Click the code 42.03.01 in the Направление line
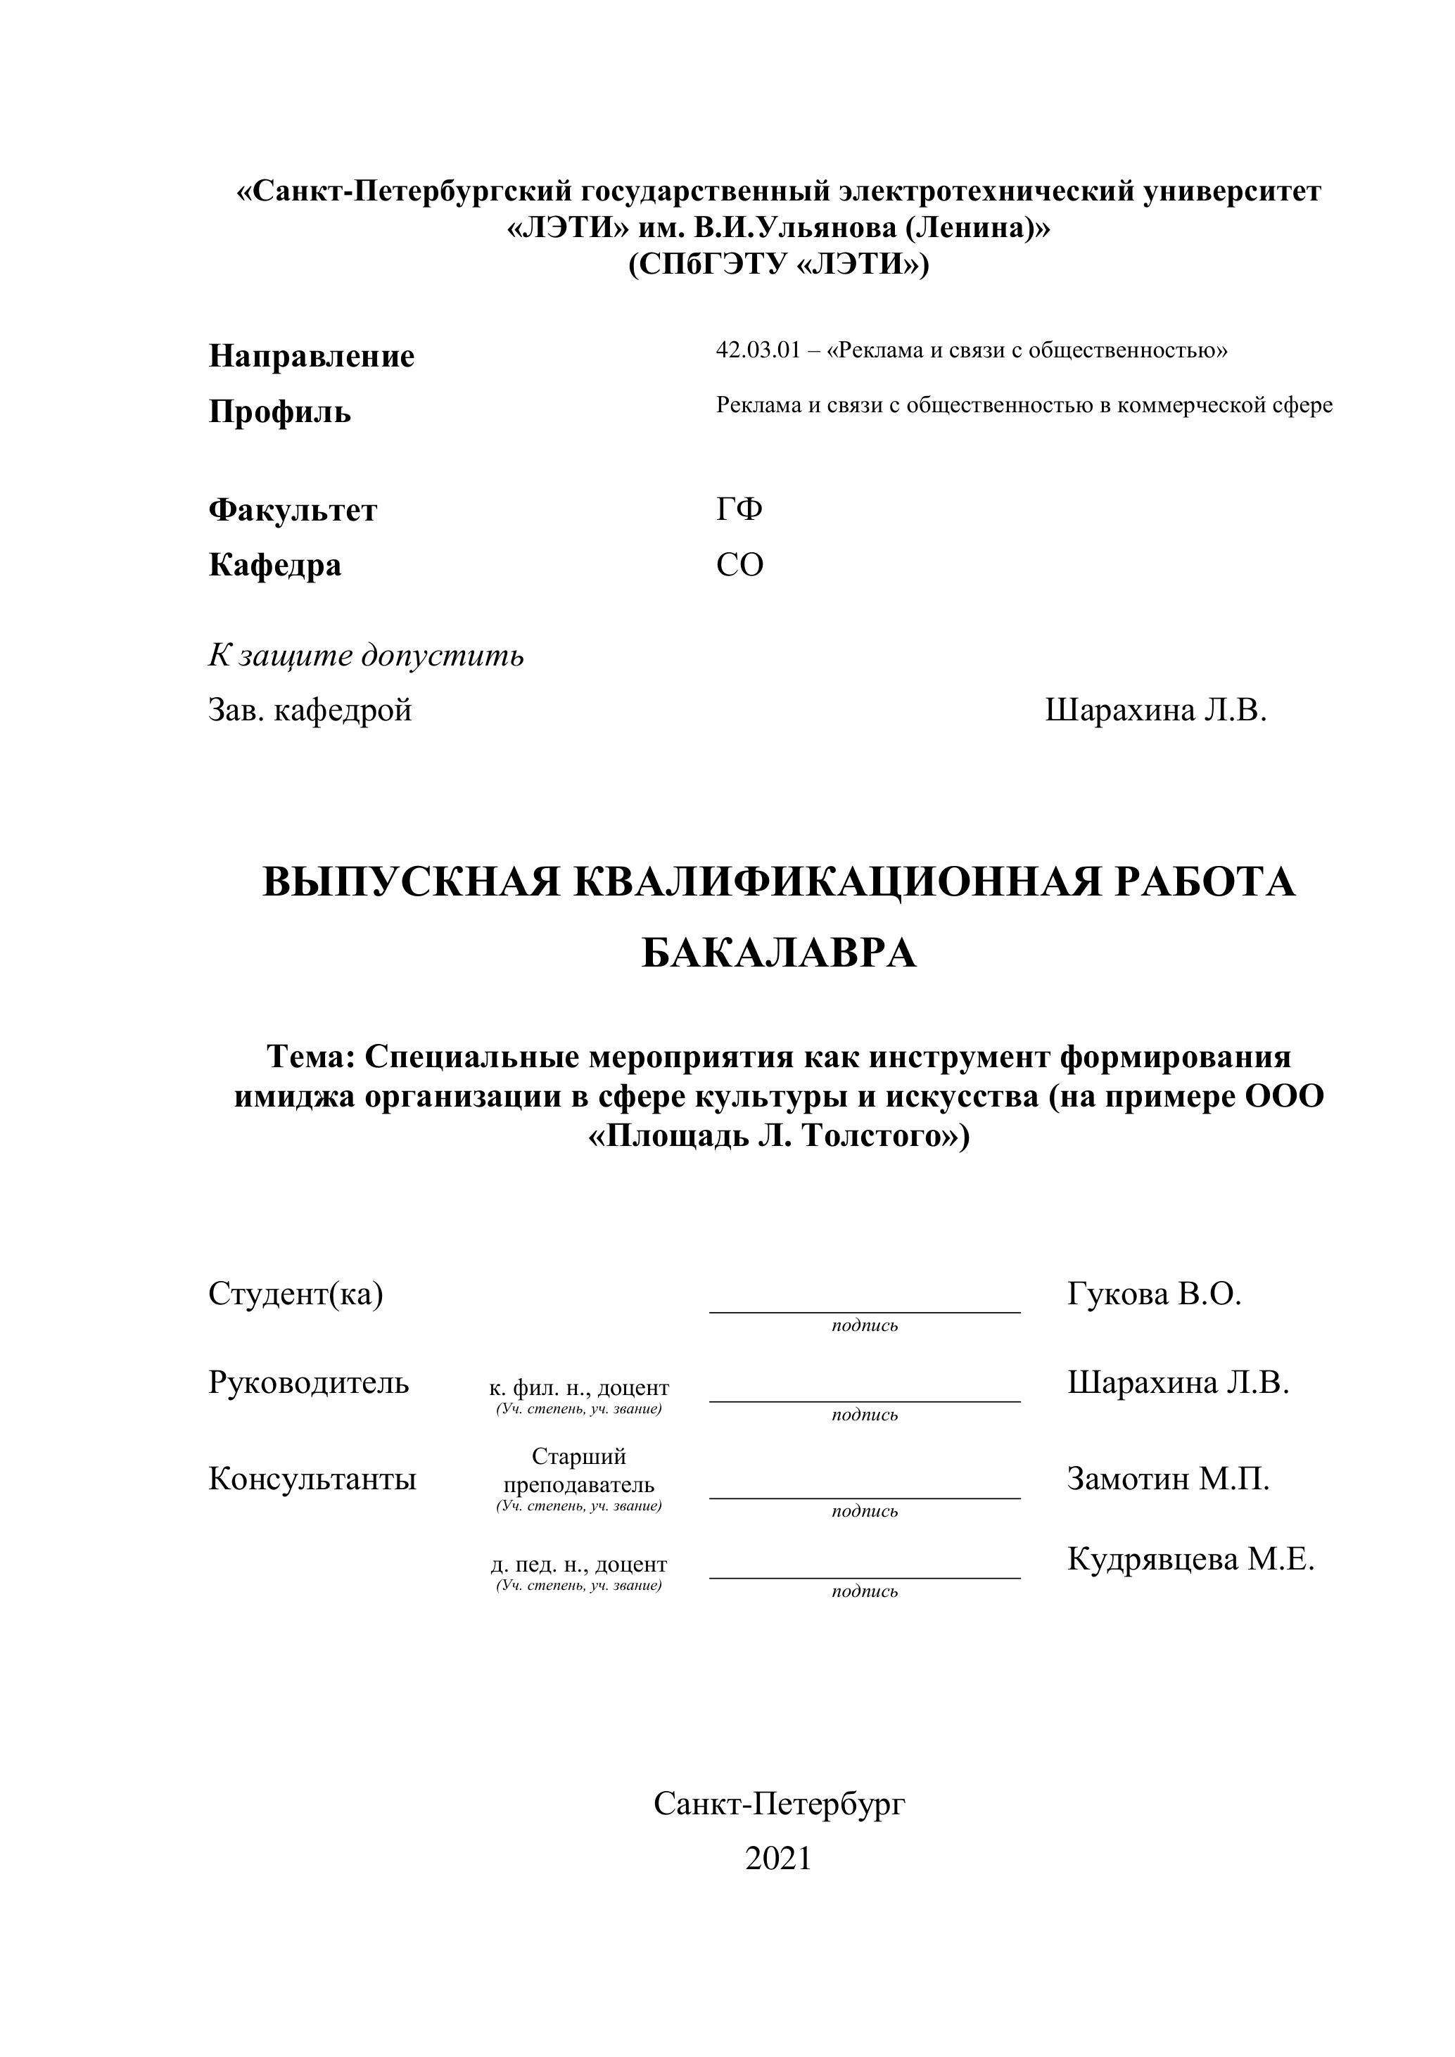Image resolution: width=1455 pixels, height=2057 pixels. tap(756, 350)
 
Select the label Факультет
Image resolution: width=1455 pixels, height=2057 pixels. tap(293, 510)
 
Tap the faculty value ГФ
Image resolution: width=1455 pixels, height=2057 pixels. tap(739, 509)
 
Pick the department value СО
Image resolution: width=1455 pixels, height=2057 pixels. tap(739, 564)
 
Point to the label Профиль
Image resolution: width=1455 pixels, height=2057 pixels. tap(279, 412)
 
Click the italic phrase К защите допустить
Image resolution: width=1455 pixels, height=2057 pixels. tap(366, 655)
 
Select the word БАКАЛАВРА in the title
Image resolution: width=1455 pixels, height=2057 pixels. tap(779, 953)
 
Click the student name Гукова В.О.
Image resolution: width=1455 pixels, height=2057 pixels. tap(1154, 1294)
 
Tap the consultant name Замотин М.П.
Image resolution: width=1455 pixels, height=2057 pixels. tap(1167, 1478)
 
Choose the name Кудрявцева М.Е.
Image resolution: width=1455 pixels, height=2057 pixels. tap(1190, 1559)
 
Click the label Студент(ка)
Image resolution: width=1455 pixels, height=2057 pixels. tap(296, 1294)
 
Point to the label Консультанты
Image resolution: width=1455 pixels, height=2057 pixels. tap(312, 1478)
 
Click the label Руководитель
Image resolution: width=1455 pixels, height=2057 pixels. tap(308, 1382)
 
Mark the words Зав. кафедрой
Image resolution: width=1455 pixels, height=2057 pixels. tap(310, 710)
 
